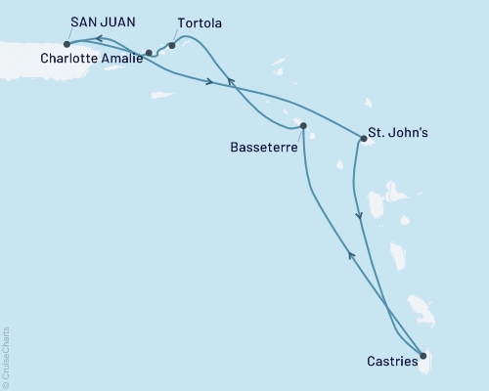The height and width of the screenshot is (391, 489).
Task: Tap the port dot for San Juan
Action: [x=67, y=43]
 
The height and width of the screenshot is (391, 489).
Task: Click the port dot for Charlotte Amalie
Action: [x=149, y=53]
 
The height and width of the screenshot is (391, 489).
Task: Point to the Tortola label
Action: [x=200, y=21]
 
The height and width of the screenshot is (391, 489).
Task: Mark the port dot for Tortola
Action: [x=172, y=45]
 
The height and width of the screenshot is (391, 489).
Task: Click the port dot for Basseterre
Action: [x=303, y=125]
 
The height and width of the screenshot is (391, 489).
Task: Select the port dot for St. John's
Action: [x=362, y=140]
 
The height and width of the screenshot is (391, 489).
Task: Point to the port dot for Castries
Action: [x=422, y=356]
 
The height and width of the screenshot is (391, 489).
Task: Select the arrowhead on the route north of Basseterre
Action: [x=231, y=83]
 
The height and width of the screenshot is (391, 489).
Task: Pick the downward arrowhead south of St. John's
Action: [x=360, y=216]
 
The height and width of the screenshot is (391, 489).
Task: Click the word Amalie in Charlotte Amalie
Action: [x=120, y=59]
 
